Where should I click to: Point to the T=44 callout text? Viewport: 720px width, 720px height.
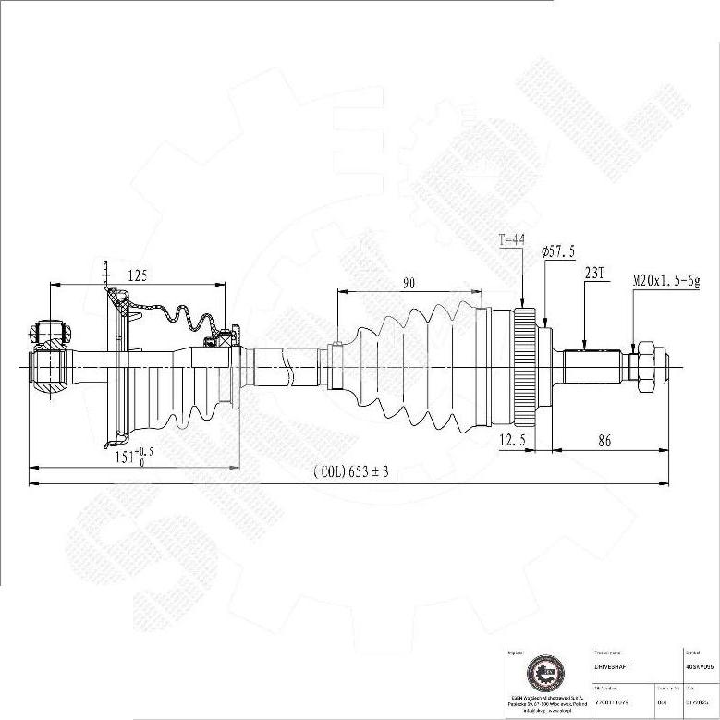click(x=511, y=239)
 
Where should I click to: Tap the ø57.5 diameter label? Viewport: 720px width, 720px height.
click(x=558, y=251)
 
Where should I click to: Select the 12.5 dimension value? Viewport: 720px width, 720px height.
click(x=511, y=441)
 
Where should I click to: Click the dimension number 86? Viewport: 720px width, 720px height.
click(x=604, y=441)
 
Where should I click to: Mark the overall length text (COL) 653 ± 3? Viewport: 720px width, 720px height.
click(x=351, y=471)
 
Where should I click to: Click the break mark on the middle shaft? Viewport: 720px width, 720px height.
click(x=291, y=362)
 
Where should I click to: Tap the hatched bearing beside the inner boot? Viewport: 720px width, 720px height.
click(x=219, y=340)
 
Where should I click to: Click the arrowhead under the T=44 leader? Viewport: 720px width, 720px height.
click(x=524, y=304)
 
